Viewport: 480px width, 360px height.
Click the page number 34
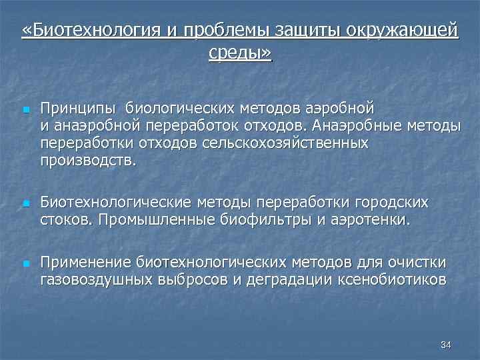[446, 345]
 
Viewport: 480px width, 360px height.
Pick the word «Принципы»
[78, 107]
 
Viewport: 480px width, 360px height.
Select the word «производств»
[86, 160]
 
